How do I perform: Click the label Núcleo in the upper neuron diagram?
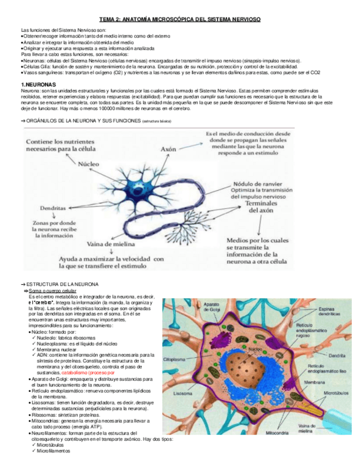coord(88,163)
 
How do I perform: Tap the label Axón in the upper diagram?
coord(168,148)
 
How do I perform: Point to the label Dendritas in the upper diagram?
coord(53,209)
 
